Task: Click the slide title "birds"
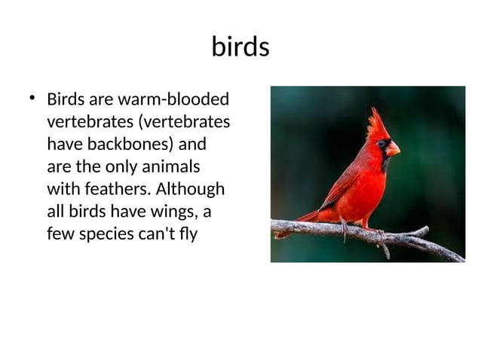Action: pyautogui.click(x=240, y=47)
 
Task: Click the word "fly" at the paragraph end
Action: pyautogui.click(x=188, y=233)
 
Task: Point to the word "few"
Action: pyautogui.click(x=60, y=233)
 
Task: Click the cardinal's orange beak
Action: pyautogui.click(x=393, y=148)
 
